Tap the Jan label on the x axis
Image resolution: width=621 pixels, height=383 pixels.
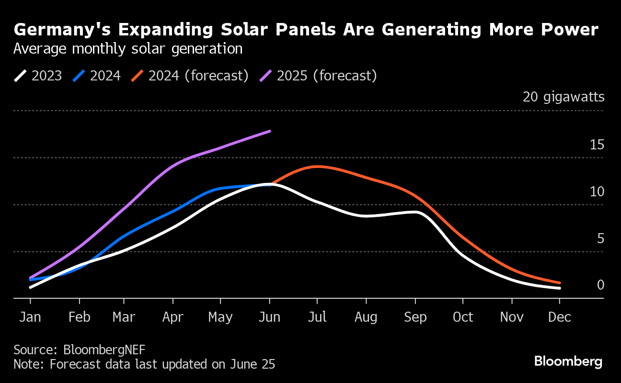coord(30,317)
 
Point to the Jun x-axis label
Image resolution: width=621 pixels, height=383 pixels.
coord(269,317)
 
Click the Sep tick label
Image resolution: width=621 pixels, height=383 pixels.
coord(414,317)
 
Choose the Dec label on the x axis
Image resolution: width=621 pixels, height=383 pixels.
coord(559,317)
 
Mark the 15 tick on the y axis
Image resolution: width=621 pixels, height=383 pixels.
coord(597,145)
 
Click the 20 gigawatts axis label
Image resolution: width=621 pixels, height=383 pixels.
coord(563,97)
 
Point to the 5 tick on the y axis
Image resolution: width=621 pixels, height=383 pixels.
coord(600,238)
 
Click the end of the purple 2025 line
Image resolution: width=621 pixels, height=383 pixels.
coord(270,131)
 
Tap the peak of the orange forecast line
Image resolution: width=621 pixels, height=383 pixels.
coord(317,167)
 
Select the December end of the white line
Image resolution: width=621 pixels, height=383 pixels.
coord(559,288)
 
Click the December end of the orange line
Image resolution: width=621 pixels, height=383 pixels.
coord(559,283)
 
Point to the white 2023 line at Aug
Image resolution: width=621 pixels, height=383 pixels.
coord(366,216)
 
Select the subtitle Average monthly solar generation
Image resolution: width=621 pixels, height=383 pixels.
coord(127,49)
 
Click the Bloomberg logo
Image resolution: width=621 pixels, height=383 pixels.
coord(568,361)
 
